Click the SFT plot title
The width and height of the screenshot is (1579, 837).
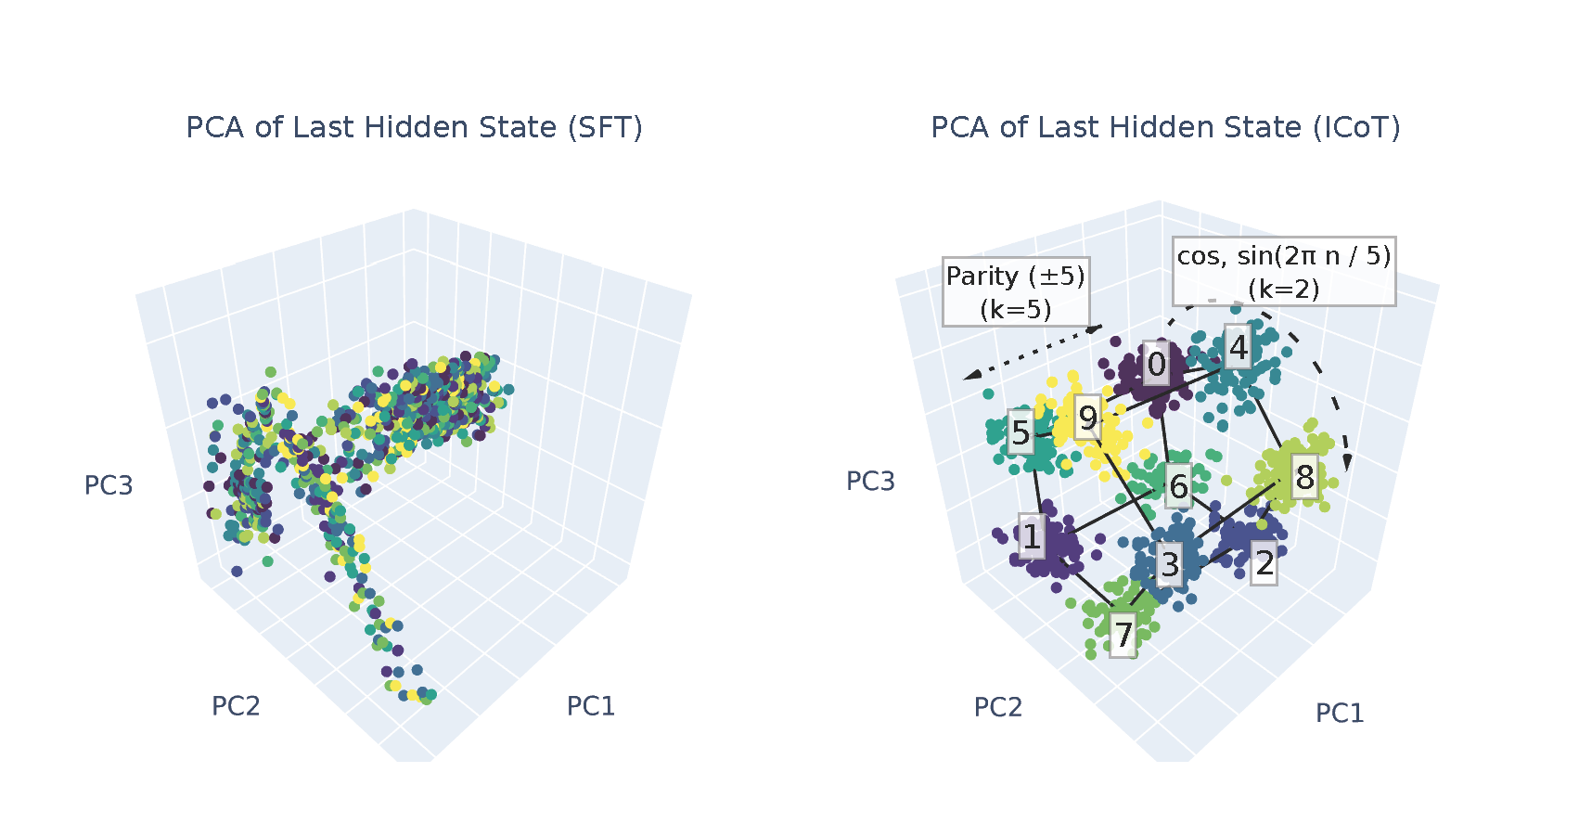414,127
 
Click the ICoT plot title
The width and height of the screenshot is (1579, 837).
1165,127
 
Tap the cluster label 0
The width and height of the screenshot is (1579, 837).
1156,365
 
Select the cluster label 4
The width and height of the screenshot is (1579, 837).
1239,348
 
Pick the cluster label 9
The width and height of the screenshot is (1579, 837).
1088,418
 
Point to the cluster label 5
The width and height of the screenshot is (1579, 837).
1021,432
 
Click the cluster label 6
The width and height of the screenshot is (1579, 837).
1178,485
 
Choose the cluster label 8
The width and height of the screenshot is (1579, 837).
1305,477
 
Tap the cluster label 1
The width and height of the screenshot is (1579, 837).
1032,536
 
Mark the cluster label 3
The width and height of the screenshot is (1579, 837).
1170,564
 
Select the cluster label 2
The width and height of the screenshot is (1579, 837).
1264,562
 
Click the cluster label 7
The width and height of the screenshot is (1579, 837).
1123,635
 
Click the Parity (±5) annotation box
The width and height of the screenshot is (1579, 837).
1016,291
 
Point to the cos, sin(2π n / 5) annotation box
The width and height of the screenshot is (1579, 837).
1284,271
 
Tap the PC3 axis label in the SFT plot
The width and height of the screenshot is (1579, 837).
109,485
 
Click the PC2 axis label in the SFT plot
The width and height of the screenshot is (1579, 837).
236,706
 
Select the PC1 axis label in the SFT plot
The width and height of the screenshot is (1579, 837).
591,706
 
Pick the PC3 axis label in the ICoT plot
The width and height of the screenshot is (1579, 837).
870,481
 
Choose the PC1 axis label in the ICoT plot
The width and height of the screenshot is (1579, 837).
1340,713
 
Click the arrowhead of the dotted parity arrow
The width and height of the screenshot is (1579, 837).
969,376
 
